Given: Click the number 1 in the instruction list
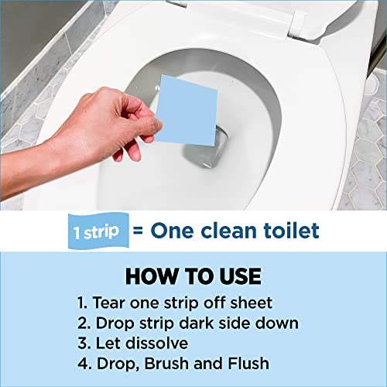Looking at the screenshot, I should [x=83, y=302].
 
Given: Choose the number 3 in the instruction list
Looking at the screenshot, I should [x=83, y=342].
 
